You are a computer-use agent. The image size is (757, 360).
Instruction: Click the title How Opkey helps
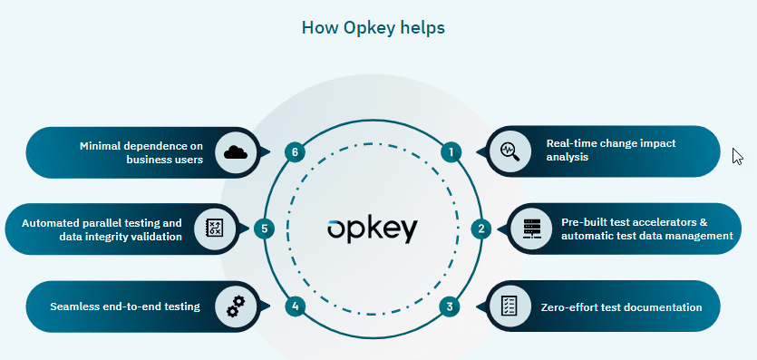click(373, 27)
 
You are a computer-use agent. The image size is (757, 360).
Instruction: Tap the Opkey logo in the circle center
click(372, 229)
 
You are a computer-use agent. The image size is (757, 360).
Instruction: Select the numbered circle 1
click(451, 151)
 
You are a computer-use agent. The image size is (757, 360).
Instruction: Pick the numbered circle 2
click(482, 229)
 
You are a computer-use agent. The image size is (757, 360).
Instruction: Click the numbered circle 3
click(451, 306)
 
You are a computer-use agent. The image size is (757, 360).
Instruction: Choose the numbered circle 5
click(263, 229)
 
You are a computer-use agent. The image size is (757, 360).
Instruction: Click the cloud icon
click(236, 151)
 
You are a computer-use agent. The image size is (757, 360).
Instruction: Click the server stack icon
click(531, 229)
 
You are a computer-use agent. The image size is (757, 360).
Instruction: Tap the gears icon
click(236, 307)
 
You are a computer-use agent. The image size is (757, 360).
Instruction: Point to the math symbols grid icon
click(214, 229)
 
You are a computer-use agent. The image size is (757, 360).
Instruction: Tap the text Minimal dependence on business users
click(142, 151)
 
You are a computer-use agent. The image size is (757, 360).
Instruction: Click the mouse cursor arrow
click(736, 155)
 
